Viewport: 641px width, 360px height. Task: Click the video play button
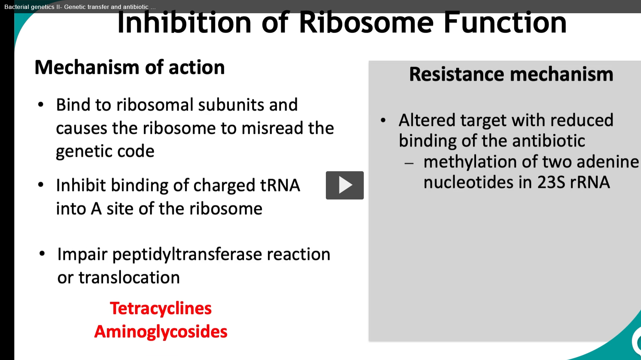(x=344, y=185)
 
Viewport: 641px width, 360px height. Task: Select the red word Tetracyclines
(x=161, y=309)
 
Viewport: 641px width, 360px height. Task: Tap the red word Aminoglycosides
(x=161, y=332)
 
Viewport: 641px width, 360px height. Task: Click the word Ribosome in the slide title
(x=366, y=22)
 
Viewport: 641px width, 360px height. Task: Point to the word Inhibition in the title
(x=185, y=22)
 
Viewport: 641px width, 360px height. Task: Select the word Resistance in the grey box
(x=456, y=74)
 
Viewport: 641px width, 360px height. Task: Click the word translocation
(x=129, y=277)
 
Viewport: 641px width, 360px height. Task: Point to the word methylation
(x=470, y=162)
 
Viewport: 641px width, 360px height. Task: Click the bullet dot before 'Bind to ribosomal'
(x=41, y=104)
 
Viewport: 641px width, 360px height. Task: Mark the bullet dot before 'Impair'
(x=42, y=253)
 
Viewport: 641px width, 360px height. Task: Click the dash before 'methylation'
(x=409, y=163)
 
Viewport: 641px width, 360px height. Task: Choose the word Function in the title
(x=505, y=22)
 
